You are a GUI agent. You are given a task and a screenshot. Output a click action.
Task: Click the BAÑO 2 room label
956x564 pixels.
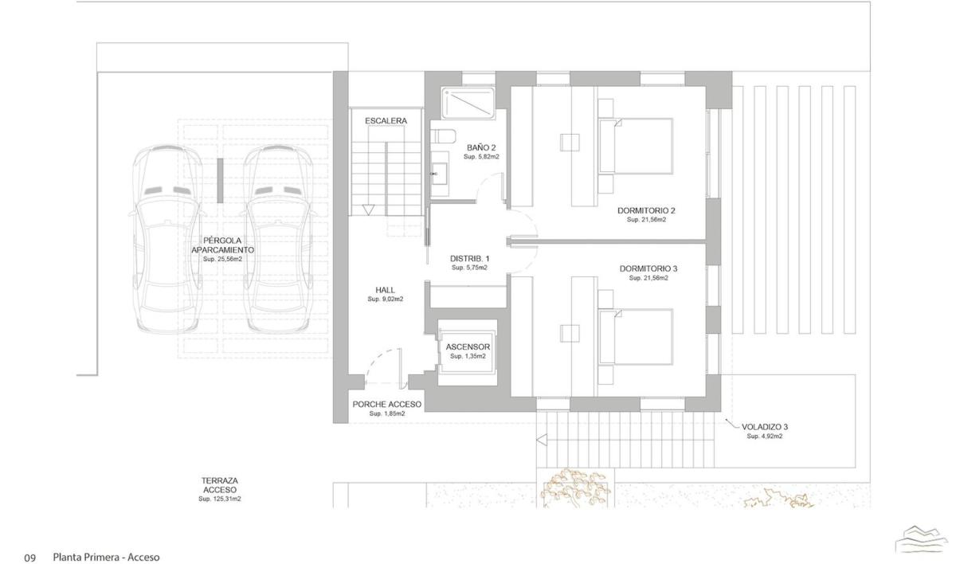pyautogui.click(x=481, y=147)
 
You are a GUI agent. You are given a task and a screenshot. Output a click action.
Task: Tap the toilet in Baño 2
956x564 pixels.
pyautogui.click(x=443, y=136)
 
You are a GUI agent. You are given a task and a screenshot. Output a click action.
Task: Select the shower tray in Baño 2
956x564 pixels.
pyautogui.click(x=468, y=103)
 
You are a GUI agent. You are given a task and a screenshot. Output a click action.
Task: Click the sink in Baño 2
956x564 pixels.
pyautogui.click(x=439, y=174)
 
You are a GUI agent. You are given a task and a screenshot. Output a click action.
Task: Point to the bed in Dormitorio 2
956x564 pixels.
pyautogui.click(x=635, y=146)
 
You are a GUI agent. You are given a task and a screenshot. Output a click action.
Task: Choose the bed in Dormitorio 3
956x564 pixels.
pyautogui.click(x=635, y=337)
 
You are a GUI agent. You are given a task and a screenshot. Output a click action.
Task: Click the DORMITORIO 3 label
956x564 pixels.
pyautogui.click(x=648, y=268)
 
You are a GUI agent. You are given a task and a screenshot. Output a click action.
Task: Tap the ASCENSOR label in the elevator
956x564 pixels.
pyautogui.click(x=468, y=347)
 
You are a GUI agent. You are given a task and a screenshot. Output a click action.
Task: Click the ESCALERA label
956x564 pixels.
pyautogui.click(x=386, y=121)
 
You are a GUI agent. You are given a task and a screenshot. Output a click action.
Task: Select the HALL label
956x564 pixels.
pyautogui.click(x=385, y=290)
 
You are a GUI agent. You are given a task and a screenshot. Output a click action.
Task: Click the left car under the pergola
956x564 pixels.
pyautogui.click(x=166, y=239)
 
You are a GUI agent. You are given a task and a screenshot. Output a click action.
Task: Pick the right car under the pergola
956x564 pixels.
pyautogui.click(x=279, y=239)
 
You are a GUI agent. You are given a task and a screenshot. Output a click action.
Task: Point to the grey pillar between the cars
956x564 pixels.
pyautogui.click(x=220, y=181)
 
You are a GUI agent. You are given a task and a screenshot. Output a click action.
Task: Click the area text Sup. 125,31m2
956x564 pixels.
pyautogui.click(x=219, y=499)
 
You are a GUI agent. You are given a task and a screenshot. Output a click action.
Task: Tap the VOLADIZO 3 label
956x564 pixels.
pyautogui.click(x=765, y=427)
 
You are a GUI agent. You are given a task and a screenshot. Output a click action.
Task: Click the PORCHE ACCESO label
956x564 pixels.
pyautogui.click(x=386, y=405)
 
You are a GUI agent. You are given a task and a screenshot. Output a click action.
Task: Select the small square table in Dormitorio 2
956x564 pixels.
pyautogui.click(x=570, y=143)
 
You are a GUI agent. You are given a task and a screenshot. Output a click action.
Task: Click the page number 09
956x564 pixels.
pyautogui.click(x=29, y=558)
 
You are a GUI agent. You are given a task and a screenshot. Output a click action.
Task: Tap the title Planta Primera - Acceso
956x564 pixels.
pyautogui.click(x=106, y=557)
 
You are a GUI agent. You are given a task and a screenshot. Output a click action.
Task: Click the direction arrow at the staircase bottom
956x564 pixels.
pyautogui.click(x=368, y=210)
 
